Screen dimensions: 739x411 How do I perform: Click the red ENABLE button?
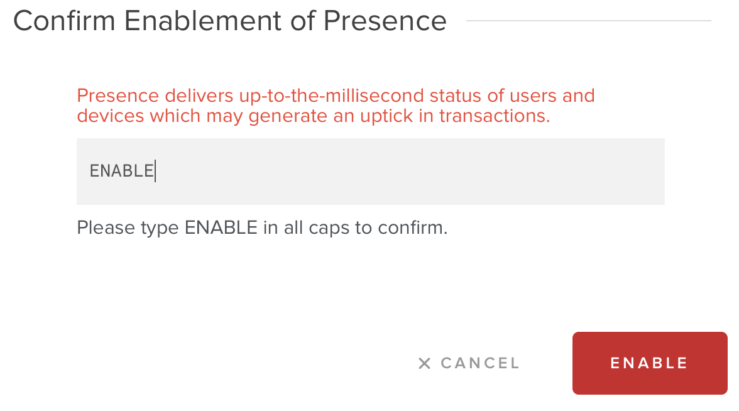pos(650,363)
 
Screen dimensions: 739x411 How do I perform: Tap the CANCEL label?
pos(480,363)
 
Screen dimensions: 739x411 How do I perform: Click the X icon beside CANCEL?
pos(424,363)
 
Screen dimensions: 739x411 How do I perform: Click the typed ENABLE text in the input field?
pos(122,171)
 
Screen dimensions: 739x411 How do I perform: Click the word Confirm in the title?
pos(64,21)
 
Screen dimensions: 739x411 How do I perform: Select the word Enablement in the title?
pos(203,21)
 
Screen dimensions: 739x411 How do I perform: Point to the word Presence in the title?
pos(385,21)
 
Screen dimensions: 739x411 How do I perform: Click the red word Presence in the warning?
pos(118,96)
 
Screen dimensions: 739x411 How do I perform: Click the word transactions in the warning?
pos(495,116)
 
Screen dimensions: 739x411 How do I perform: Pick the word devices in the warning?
pos(111,116)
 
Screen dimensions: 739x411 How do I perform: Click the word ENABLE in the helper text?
pos(221,227)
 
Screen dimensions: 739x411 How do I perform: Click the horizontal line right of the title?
pos(589,20)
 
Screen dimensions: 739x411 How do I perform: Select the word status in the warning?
pos(455,96)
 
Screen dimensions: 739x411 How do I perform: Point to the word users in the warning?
pos(533,96)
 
